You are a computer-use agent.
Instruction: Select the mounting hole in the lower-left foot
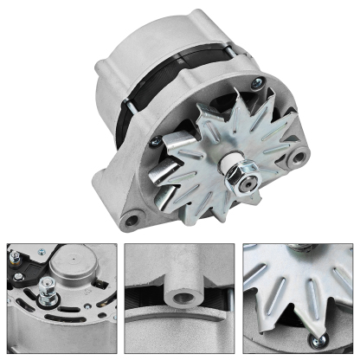131,220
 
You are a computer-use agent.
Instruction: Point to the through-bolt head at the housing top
255,85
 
